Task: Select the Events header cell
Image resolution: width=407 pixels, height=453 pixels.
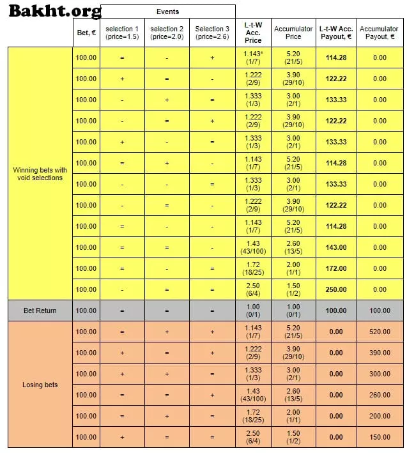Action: [x=167, y=12]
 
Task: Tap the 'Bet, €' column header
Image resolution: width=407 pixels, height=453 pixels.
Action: [x=86, y=33]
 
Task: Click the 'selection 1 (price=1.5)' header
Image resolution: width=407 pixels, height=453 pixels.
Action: [x=121, y=33]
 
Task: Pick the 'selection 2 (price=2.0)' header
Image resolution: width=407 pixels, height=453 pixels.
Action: [x=167, y=33]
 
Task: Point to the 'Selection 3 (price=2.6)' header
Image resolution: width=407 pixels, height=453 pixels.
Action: [x=212, y=33]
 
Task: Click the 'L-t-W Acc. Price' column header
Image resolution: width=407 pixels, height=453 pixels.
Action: [x=253, y=33]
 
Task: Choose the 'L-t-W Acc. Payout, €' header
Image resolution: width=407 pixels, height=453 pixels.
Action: [x=336, y=33]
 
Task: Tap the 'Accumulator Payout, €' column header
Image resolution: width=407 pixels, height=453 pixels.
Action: [x=380, y=33]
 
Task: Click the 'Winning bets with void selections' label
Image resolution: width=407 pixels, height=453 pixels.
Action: [x=40, y=174]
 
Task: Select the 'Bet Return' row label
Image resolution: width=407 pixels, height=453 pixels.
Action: [x=40, y=311]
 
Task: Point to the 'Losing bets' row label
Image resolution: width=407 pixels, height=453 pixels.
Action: [x=40, y=385]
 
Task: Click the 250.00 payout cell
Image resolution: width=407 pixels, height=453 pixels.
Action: [x=336, y=289]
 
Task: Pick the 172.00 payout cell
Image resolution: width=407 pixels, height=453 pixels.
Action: [x=336, y=268]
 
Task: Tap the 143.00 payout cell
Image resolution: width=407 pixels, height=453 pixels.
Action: [x=336, y=247]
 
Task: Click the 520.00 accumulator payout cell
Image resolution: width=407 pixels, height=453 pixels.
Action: [x=380, y=332]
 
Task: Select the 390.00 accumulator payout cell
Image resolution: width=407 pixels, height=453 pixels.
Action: [x=380, y=353]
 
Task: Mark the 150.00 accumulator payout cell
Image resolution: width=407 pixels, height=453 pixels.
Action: [x=380, y=437]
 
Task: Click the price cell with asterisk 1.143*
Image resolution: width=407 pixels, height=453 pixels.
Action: [x=253, y=58]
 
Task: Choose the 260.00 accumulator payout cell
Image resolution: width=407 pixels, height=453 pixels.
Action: [x=380, y=395]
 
